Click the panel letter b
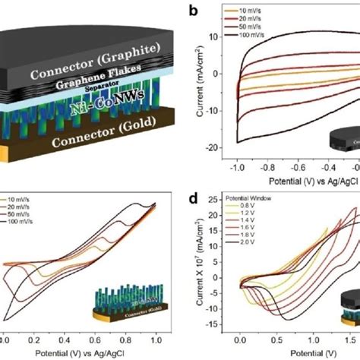click(x=194, y=11)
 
